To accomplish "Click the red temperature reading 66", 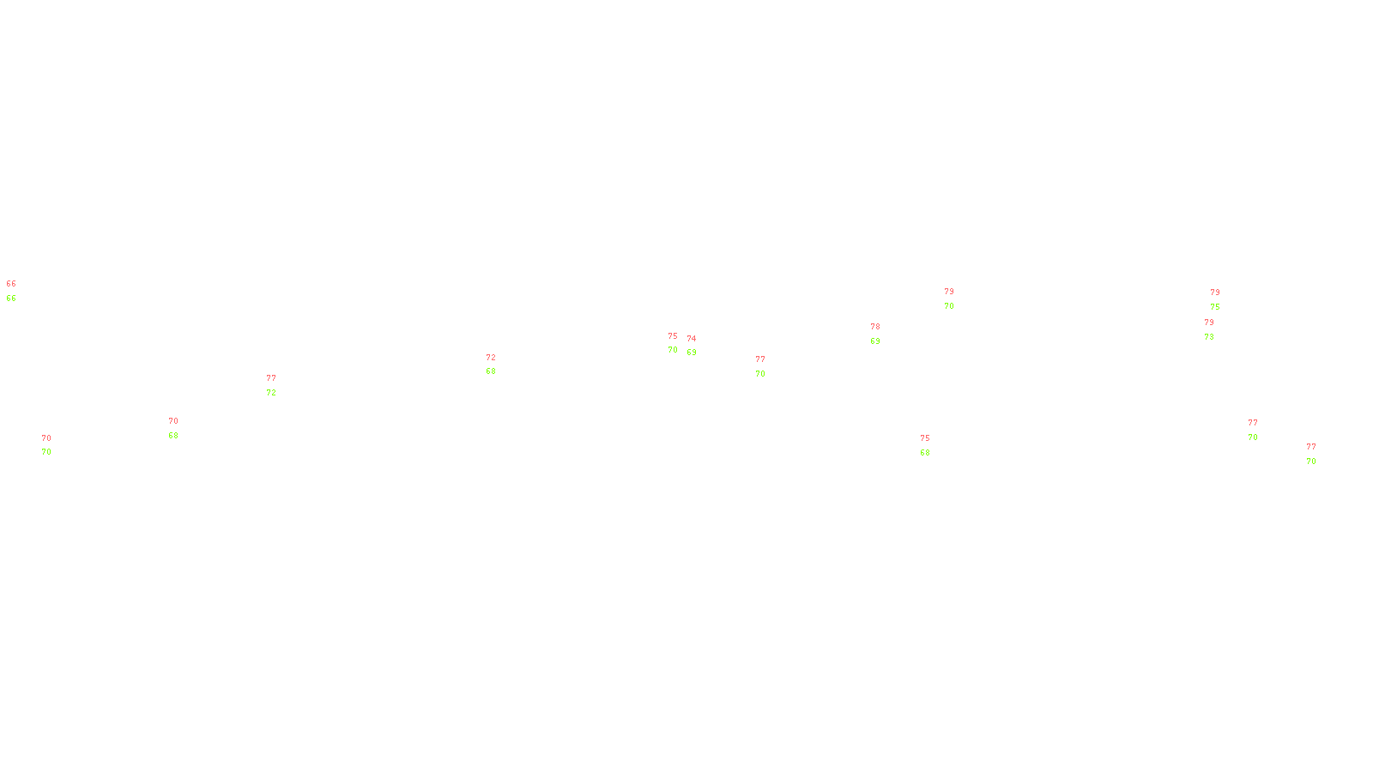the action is click(11, 284).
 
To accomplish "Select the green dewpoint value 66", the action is click(11, 299).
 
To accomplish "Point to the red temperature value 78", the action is click(875, 327).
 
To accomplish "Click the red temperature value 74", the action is click(692, 339).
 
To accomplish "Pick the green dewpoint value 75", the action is click(1215, 307).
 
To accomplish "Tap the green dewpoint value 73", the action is click(1209, 337).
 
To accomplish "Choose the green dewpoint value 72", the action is click(271, 393).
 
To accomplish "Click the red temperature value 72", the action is click(491, 358).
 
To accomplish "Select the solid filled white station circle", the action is click(768, 366).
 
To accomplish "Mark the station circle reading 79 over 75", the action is click(1223, 300).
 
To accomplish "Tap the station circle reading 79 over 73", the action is click(1217, 329).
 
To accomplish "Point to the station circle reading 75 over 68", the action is click(933, 445).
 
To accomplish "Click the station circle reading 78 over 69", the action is click(884, 334).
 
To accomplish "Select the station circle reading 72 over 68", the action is click(499, 365).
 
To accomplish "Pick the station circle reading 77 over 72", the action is click(279, 385).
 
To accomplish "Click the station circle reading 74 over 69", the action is click(699, 346).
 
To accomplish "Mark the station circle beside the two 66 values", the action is click(20, 291).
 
